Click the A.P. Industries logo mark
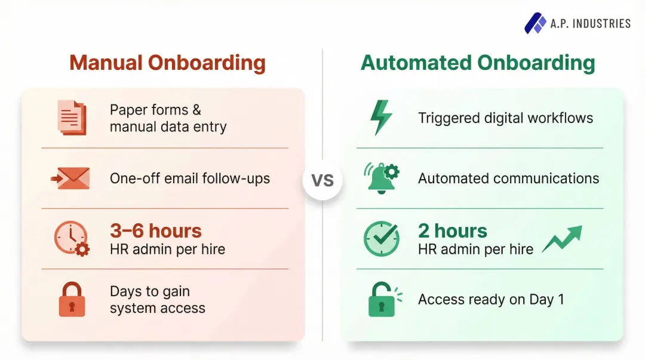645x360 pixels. click(x=535, y=23)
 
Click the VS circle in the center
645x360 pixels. click(x=322, y=180)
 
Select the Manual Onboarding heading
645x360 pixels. click(x=167, y=63)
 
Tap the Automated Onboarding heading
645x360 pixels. click(x=478, y=63)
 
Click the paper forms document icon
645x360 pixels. click(x=72, y=118)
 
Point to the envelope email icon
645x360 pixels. click(x=70, y=178)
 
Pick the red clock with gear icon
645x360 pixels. click(x=71, y=238)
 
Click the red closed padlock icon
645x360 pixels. click(x=72, y=299)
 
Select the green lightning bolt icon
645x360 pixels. click(x=381, y=118)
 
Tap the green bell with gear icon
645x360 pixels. click(x=382, y=178)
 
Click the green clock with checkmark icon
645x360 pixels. click(x=381, y=239)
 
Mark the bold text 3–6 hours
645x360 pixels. click(x=155, y=230)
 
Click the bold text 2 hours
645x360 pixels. click(x=452, y=230)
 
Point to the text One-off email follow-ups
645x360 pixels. click(x=190, y=178)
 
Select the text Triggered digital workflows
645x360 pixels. click(x=505, y=118)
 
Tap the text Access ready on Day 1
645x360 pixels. click(x=491, y=299)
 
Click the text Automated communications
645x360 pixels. click(x=508, y=178)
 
